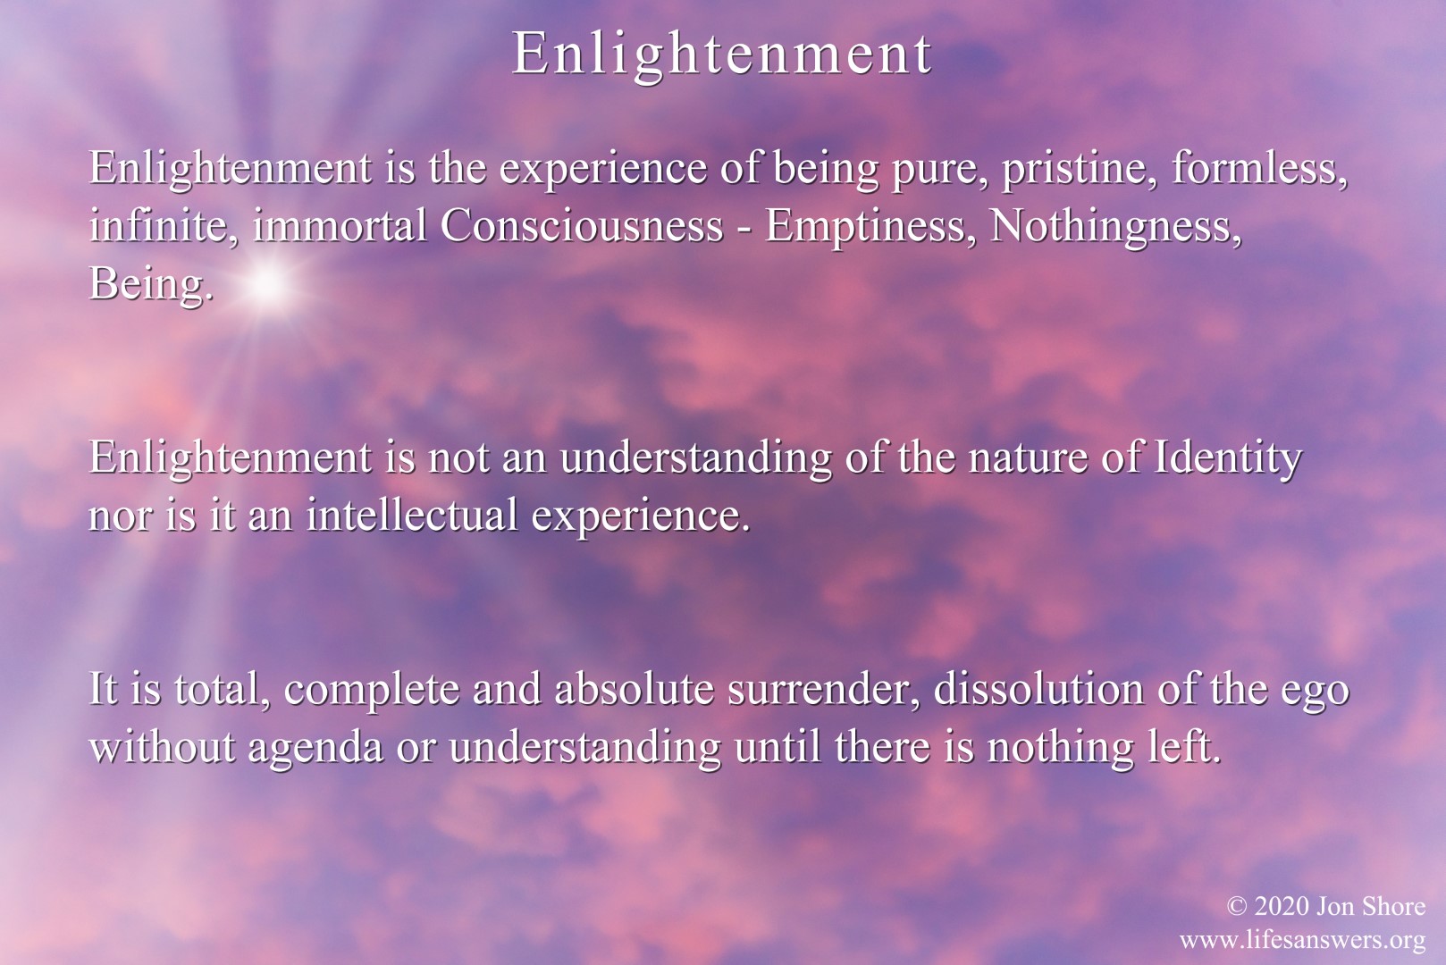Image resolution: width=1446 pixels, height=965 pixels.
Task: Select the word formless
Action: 1259,168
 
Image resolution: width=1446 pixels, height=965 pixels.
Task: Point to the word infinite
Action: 164,226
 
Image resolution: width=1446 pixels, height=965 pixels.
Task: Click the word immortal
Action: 340,226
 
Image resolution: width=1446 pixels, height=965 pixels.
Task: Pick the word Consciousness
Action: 582,226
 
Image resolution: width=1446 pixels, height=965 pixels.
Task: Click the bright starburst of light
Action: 266,284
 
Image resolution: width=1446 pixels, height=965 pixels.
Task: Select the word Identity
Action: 1226,459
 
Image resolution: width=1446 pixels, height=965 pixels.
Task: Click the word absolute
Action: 634,690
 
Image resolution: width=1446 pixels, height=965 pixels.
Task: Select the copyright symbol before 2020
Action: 1236,906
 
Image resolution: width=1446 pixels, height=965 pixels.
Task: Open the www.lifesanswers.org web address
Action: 1303,940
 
